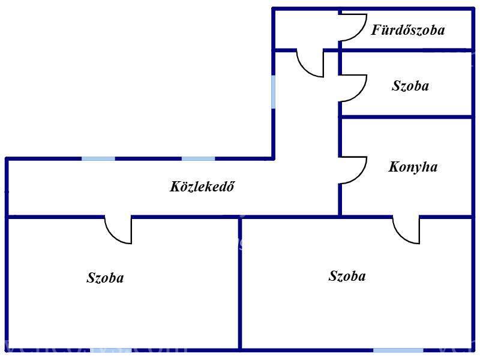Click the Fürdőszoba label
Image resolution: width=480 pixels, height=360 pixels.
pos(408,29)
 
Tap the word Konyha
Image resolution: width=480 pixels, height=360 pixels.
pos(413,167)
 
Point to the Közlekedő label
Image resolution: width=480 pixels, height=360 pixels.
pos(202,187)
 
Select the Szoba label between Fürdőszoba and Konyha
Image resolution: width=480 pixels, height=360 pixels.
pos(410,86)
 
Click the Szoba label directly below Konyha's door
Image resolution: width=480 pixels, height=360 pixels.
pos(347,276)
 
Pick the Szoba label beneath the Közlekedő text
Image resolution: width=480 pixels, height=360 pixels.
pos(105,278)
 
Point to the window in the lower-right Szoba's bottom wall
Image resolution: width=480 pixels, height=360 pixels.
pos(398,350)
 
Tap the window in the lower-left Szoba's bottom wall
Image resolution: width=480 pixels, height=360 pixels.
pos(111,350)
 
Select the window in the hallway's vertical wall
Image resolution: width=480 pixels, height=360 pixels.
pos(273,92)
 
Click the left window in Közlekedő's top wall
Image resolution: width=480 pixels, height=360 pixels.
pos(98,158)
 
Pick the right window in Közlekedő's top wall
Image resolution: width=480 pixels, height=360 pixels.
pos(199,158)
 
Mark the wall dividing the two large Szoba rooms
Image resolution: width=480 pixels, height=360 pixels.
pos(240,283)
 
